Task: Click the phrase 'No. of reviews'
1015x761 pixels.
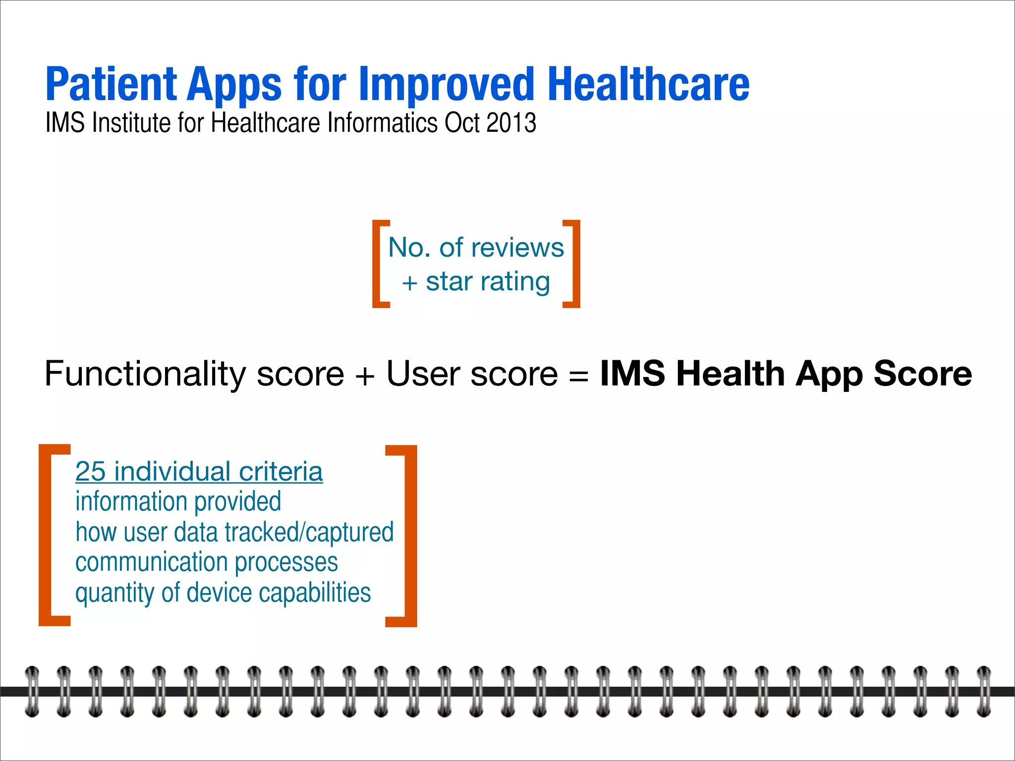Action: click(x=476, y=247)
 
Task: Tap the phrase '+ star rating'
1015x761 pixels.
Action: click(x=476, y=281)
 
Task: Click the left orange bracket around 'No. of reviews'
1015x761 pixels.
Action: click(x=379, y=264)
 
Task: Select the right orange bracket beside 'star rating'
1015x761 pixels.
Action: click(x=573, y=264)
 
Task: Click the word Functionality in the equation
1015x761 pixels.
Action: click(x=145, y=374)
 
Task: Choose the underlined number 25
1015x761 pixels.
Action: click(x=90, y=471)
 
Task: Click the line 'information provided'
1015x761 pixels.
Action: click(x=178, y=501)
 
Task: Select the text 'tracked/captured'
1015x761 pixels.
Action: click(x=309, y=532)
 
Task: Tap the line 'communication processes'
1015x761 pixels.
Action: click(x=206, y=562)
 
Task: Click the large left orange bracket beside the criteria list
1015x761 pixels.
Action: click(x=50, y=535)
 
